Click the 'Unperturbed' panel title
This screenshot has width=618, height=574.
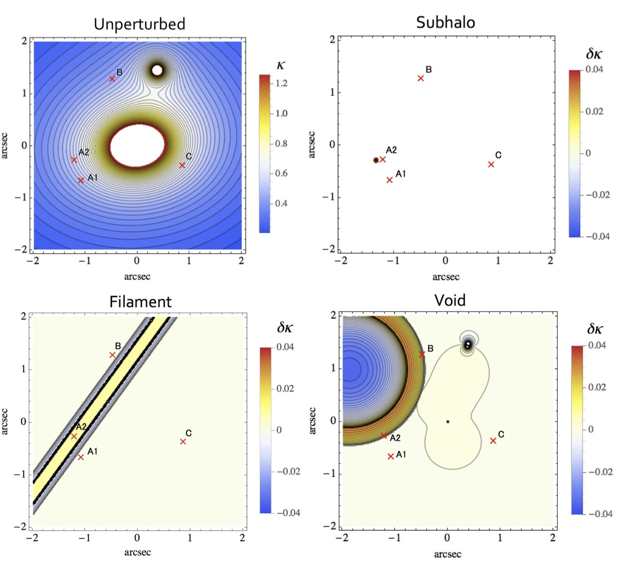point(139,24)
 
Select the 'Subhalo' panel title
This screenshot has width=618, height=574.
point(445,22)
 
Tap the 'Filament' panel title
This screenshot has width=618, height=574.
point(140,301)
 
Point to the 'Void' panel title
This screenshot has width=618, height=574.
point(449,300)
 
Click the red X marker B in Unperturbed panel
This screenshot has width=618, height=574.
point(112,79)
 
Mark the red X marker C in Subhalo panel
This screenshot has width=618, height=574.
point(491,164)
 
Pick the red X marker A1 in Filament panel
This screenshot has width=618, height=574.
point(81,457)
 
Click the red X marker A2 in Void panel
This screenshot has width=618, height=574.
point(384,435)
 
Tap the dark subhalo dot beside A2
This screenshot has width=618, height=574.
point(376,160)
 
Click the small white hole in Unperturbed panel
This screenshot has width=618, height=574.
point(157,70)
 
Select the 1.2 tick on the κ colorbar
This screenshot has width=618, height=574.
point(281,83)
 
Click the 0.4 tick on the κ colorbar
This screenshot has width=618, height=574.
point(281,203)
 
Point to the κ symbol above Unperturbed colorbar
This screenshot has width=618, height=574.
point(280,66)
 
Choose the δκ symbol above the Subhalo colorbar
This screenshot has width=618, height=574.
point(594,54)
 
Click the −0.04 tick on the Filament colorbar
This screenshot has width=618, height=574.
point(288,513)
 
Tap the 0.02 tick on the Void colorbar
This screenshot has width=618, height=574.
point(597,387)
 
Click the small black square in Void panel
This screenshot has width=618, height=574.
point(448,422)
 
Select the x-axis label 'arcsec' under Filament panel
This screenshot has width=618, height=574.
point(137,552)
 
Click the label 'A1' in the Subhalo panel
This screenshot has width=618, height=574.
point(401,173)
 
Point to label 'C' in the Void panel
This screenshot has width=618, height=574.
point(501,434)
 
